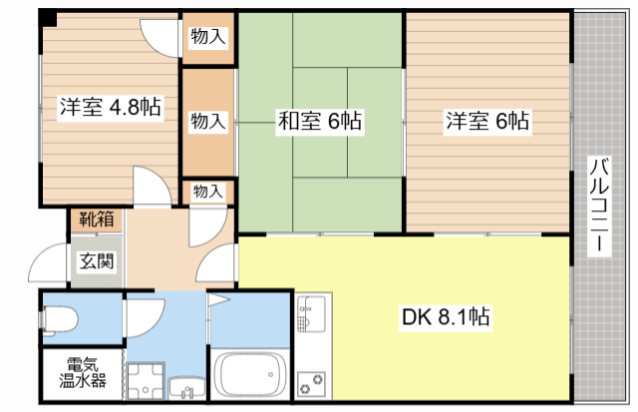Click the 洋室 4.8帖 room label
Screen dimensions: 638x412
pyautogui.click(x=111, y=107)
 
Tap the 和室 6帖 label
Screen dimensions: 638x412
pyautogui.click(x=320, y=121)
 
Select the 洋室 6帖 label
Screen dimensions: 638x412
pyautogui.click(x=487, y=121)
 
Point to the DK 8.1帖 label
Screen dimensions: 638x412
pyautogui.click(x=446, y=316)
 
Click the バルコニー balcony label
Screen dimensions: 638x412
pyautogui.click(x=599, y=206)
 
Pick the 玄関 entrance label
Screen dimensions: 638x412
pyautogui.click(x=96, y=261)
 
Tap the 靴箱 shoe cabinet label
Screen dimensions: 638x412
pyautogui.click(x=97, y=219)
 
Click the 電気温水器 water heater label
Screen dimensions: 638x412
pyautogui.click(x=83, y=372)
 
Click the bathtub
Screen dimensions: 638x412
pyautogui.click(x=250, y=374)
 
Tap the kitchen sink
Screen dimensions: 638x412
pyautogui.click(x=311, y=312)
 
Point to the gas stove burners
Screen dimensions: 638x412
pyautogui.click(x=311, y=384)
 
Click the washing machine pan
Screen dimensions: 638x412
pyautogui.click(x=146, y=381)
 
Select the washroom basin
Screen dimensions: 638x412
pyautogui.click(x=186, y=388)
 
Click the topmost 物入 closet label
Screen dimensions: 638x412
pyautogui.click(x=208, y=36)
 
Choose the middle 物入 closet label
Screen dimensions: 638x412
pyautogui.click(x=208, y=121)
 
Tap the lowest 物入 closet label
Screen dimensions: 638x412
pyautogui.click(x=208, y=191)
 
